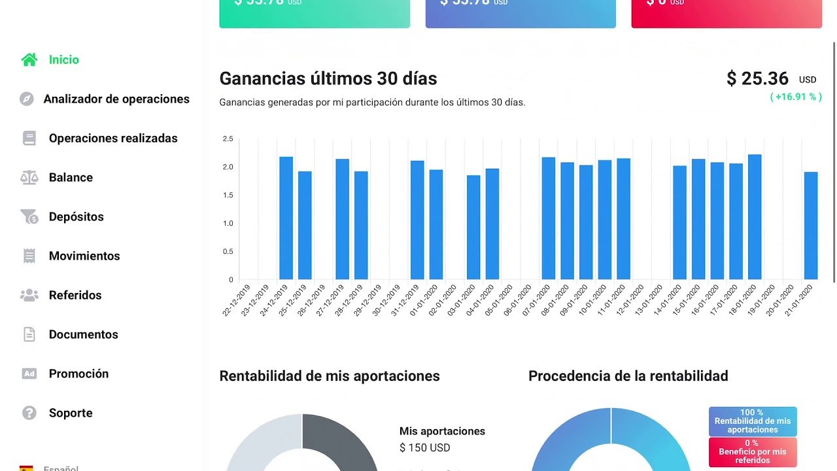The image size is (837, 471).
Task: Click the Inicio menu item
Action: click(63, 60)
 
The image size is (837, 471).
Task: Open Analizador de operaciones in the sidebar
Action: click(116, 99)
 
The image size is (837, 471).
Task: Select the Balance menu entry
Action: click(71, 177)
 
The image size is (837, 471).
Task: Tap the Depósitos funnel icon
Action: click(29, 217)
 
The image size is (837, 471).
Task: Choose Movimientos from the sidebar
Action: click(84, 256)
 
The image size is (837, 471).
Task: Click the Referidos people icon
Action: click(29, 295)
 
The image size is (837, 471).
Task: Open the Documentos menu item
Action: click(83, 334)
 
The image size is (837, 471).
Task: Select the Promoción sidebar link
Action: click(78, 374)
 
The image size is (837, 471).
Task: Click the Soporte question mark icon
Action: click(29, 413)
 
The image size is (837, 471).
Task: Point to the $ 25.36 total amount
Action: click(757, 78)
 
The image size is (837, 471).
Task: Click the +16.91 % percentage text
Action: click(795, 97)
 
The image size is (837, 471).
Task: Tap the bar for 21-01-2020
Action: click(811, 226)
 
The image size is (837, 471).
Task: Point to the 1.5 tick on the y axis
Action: click(228, 195)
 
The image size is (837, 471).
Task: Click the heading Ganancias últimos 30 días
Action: click(328, 78)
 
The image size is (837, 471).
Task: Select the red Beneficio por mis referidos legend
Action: click(753, 451)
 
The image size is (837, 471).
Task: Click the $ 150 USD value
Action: click(425, 447)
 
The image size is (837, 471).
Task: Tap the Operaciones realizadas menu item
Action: click(113, 138)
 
